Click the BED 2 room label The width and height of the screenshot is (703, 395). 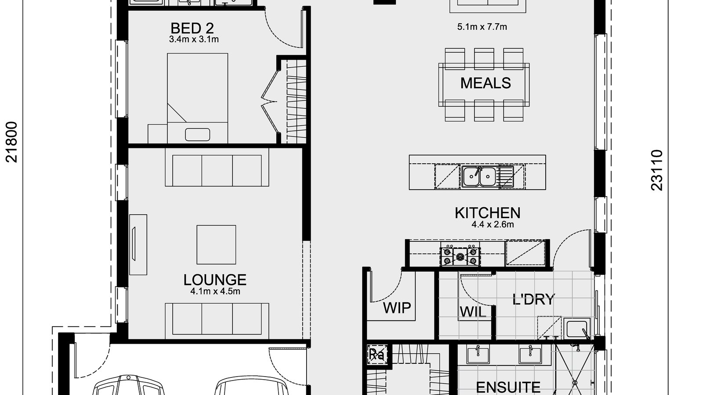[x=192, y=28]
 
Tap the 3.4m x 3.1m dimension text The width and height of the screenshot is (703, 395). [x=194, y=39]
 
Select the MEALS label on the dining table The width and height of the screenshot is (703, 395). [x=486, y=83]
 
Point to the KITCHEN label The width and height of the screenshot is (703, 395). [x=487, y=213]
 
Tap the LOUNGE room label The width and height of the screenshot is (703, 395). [x=215, y=280]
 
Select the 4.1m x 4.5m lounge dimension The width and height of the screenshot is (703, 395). [x=215, y=291]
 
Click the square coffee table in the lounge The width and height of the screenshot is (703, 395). [x=216, y=244]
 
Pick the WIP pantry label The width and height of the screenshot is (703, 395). [x=397, y=308]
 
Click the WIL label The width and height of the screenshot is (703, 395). [x=473, y=312]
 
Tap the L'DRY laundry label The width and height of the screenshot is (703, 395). [x=533, y=300]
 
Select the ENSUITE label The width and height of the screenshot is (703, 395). [x=508, y=387]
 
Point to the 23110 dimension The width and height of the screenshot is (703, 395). [x=656, y=170]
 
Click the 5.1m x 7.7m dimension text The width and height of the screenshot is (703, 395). [x=482, y=27]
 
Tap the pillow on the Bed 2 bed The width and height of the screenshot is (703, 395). [x=197, y=134]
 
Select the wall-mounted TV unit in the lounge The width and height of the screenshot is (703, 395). [x=138, y=244]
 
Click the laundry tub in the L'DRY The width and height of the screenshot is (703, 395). [x=576, y=328]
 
